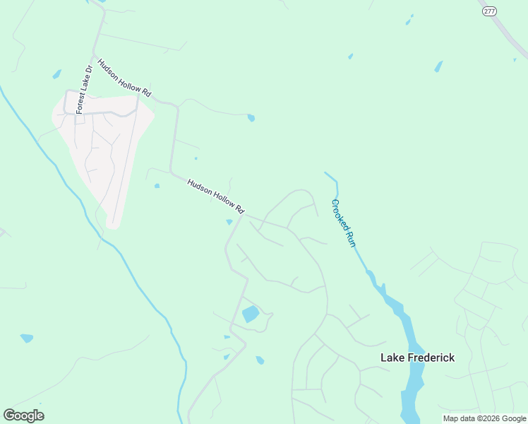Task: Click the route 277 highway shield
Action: pyautogui.click(x=489, y=11)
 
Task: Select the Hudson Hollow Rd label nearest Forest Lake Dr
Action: pyautogui.click(x=125, y=78)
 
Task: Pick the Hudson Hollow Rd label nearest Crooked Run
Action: pyautogui.click(x=215, y=196)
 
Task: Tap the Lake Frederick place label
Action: pyautogui.click(x=417, y=358)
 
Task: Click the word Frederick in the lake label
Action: pyautogui.click(x=431, y=358)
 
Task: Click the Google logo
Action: pyautogui.click(x=23, y=416)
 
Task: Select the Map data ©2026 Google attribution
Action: pyautogui.click(x=484, y=418)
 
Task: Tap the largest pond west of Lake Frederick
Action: pyautogui.click(x=251, y=314)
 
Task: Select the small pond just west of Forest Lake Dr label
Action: pyautogui.click(x=56, y=74)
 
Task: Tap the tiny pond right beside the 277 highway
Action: pyautogui.click(x=515, y=59)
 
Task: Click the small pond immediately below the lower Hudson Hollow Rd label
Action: pyautogui.click(x=229, y=223)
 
